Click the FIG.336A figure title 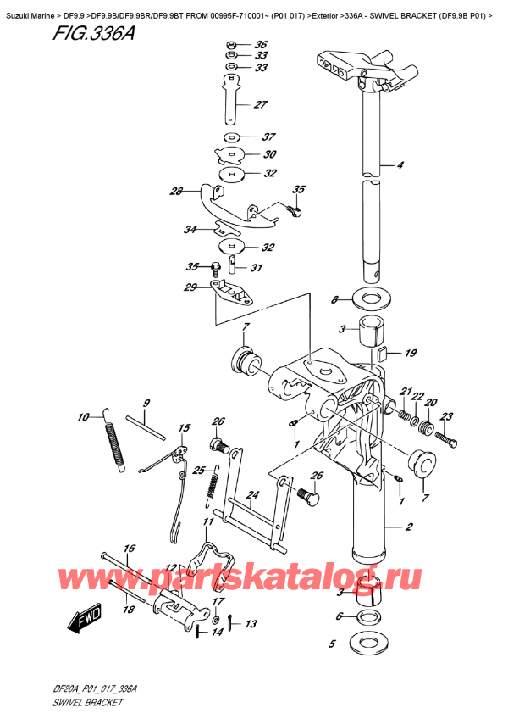[x=93, y=34]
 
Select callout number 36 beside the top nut [x=261, y=44]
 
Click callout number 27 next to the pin [x=260, y=104]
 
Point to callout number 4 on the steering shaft [x=400, y=164]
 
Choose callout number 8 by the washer [x=334, y=300]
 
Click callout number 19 [x=411, y=353]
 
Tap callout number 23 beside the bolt [x=447, y=416]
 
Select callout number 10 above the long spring [x=83, y=417]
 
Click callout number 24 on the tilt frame [x=252, y=495]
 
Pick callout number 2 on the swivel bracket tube [x=409, y=527]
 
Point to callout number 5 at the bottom [x=333, y=644]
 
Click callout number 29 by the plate [x=190, y=287]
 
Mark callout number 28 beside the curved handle [x=176, y=192]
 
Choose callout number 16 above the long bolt [x=130, y=549]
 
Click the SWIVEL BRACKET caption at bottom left [x=87, y=702]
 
